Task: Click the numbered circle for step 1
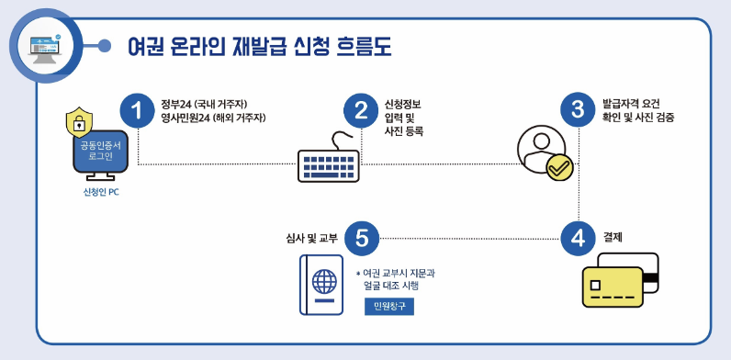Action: point(138,111)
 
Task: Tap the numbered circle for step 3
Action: point(578,111)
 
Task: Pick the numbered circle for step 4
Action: point(578,238)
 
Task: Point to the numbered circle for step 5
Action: point(361,238)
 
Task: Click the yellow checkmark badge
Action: point(559,168)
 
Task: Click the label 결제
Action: point(613,237)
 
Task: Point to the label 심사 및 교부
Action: point(311,238)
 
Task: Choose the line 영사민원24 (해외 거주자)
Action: point(213,118)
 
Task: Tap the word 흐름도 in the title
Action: point(360,46)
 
